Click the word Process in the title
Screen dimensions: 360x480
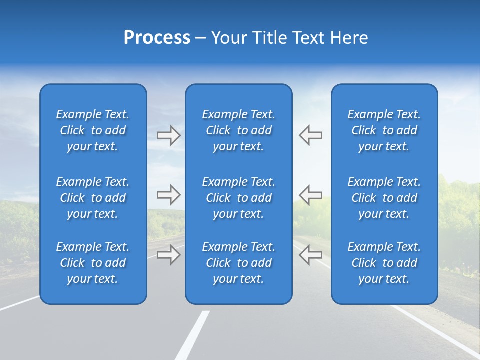click(x=157, y=38)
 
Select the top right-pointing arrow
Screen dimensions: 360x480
click(x=168, y=135)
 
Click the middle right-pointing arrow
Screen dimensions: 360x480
click(x=168, y=195)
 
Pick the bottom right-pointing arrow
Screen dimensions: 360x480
click(x=168, y=255)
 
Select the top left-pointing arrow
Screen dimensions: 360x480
click(x=311, y=135)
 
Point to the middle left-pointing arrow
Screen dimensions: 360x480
click(x=311, y=195)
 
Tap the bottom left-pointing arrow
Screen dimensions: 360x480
click(x=311, y=255)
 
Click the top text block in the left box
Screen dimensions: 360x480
click(x=93, y=130)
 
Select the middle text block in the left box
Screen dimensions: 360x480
click(x=93, y=198)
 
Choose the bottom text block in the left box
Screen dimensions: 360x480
click(x=93, y=263)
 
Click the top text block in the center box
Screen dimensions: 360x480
click(x=239, y=130)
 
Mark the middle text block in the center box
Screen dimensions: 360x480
click(x=239, y=198)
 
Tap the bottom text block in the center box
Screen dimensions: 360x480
click(x=239, y=263)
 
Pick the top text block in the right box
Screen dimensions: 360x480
click(x=384, y=130)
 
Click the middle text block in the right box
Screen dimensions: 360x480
click(x=384, y=198)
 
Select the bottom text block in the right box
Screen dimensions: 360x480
click(x=384, y=263)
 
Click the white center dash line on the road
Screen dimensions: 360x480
click(x=193, y=335)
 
